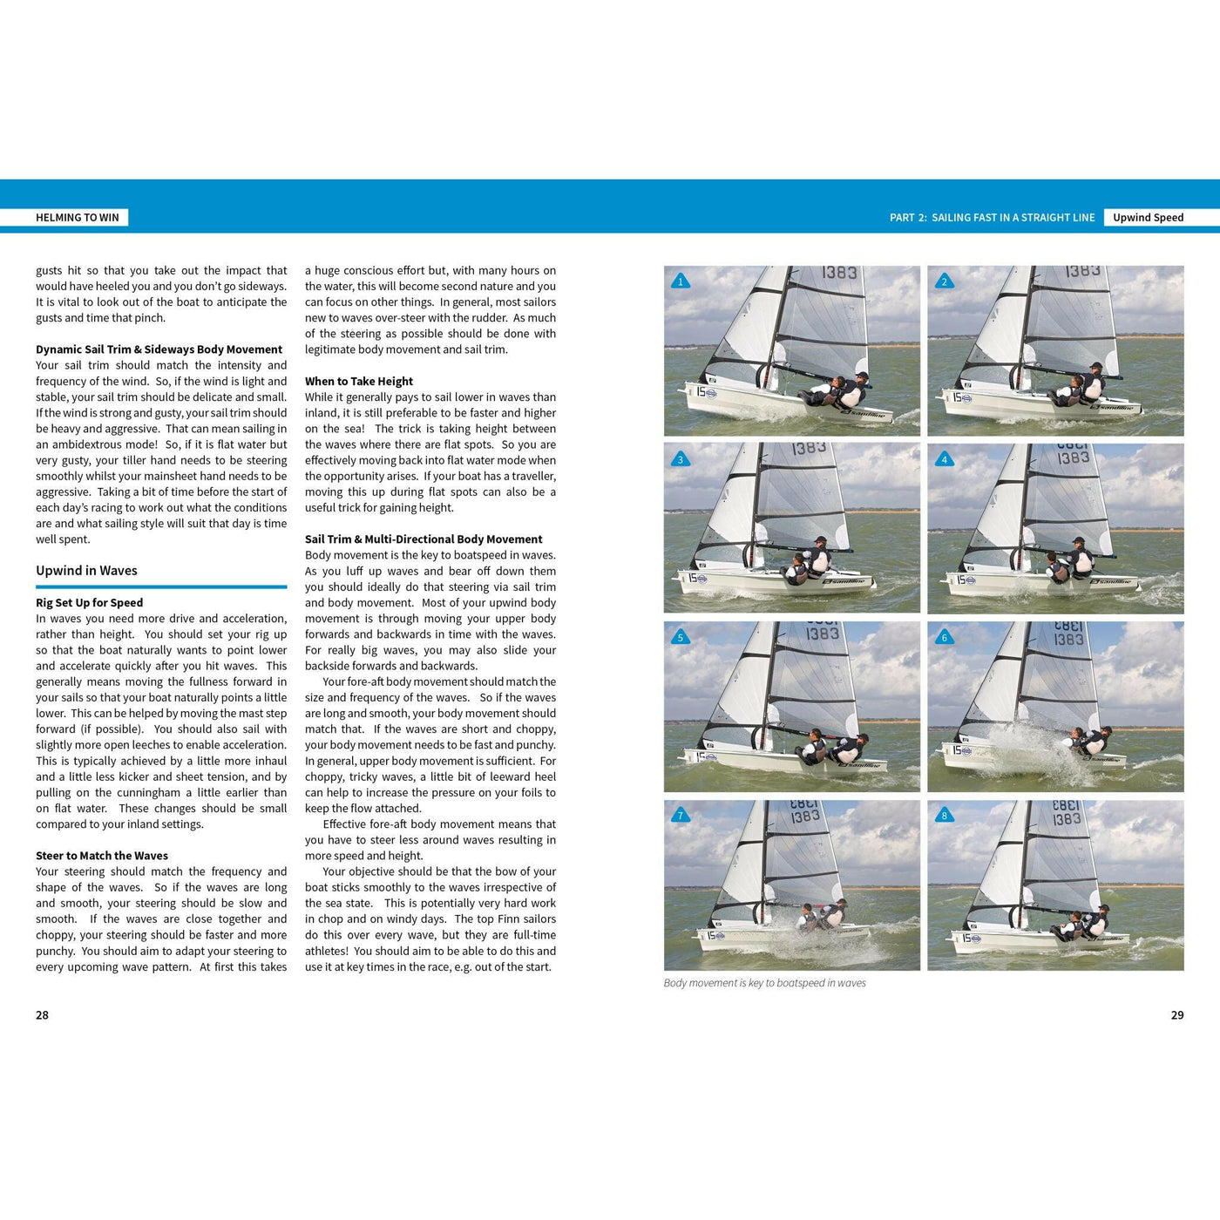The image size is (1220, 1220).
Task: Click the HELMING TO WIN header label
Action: [78, 218]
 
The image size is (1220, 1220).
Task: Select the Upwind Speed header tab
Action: [1148, 218]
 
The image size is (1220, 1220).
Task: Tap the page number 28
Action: [42, 1015]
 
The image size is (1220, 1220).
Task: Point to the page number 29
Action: [1177, 1015]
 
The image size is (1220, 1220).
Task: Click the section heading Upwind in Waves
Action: [86, 571]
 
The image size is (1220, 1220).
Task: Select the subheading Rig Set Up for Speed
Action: [89, 603]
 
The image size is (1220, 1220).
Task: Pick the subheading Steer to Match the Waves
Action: [102, 856]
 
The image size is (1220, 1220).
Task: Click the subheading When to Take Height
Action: [359, 381]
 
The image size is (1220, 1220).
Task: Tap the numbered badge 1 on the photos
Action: [681, 281]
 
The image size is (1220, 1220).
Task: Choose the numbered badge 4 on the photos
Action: [944, 459]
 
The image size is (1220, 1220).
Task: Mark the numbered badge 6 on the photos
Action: [944, 638]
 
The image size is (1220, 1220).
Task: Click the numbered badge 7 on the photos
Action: [681, 816]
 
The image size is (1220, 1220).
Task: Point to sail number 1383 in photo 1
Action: [839, 273]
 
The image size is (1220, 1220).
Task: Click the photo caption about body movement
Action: [764, 983]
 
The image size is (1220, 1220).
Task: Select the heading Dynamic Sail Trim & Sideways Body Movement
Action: [159, 349]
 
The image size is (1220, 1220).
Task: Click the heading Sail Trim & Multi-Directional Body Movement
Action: [424, 539]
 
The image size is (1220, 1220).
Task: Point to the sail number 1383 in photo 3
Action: [809, 448]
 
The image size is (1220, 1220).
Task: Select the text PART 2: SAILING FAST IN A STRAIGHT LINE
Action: [992, 218]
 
